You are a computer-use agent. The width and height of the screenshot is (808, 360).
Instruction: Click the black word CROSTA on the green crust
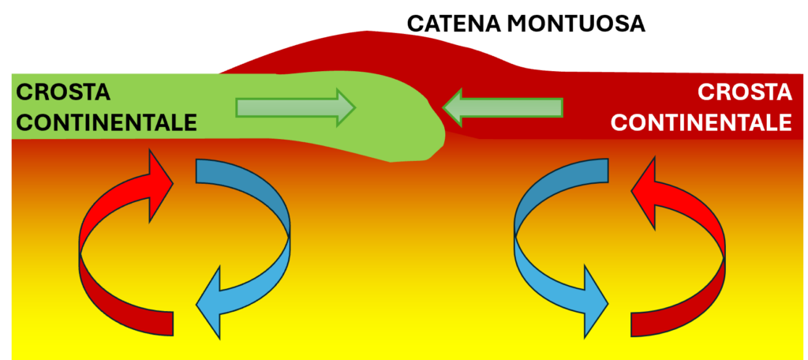click(63, 93)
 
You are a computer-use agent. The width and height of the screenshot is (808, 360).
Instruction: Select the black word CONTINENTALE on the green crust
click(107, 122)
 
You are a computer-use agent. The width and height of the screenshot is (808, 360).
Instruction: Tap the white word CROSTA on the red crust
click(744, 93)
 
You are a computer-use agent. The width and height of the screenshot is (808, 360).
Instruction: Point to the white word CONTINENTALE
click(701, 122)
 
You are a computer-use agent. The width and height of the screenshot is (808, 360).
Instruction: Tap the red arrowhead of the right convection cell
click(645, 190)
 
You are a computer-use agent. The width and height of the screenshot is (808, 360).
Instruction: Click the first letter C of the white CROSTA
click(705, 93)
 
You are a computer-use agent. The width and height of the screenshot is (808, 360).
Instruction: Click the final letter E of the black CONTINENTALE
click(188, 122)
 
